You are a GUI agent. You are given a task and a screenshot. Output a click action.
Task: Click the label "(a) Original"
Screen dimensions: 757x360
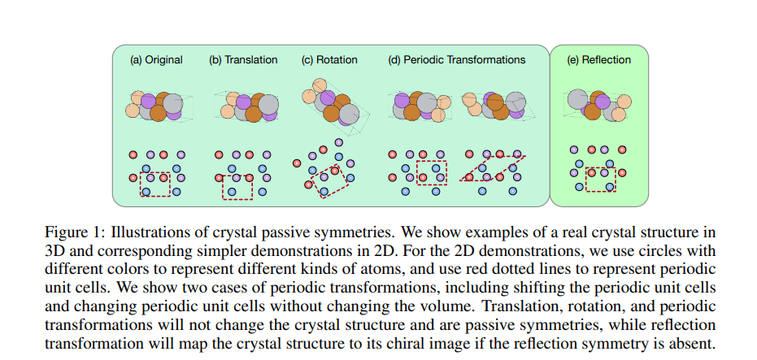point(156,60)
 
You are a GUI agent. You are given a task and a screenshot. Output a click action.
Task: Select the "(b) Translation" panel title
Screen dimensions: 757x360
point(243,60)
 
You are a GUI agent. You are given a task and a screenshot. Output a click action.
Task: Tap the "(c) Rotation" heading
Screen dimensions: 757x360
point(329,60)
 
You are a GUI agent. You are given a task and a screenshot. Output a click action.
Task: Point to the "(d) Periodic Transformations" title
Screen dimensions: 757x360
point(457,60)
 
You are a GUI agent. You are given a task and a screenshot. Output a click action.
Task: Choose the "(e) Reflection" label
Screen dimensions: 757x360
point(598,60)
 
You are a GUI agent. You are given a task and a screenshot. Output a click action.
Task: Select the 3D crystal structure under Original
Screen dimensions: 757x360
point(159,106)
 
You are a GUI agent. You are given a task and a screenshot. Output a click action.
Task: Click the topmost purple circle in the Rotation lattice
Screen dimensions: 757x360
point(338,142)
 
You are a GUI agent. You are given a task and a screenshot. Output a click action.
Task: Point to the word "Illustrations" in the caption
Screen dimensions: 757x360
point(144,233)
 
